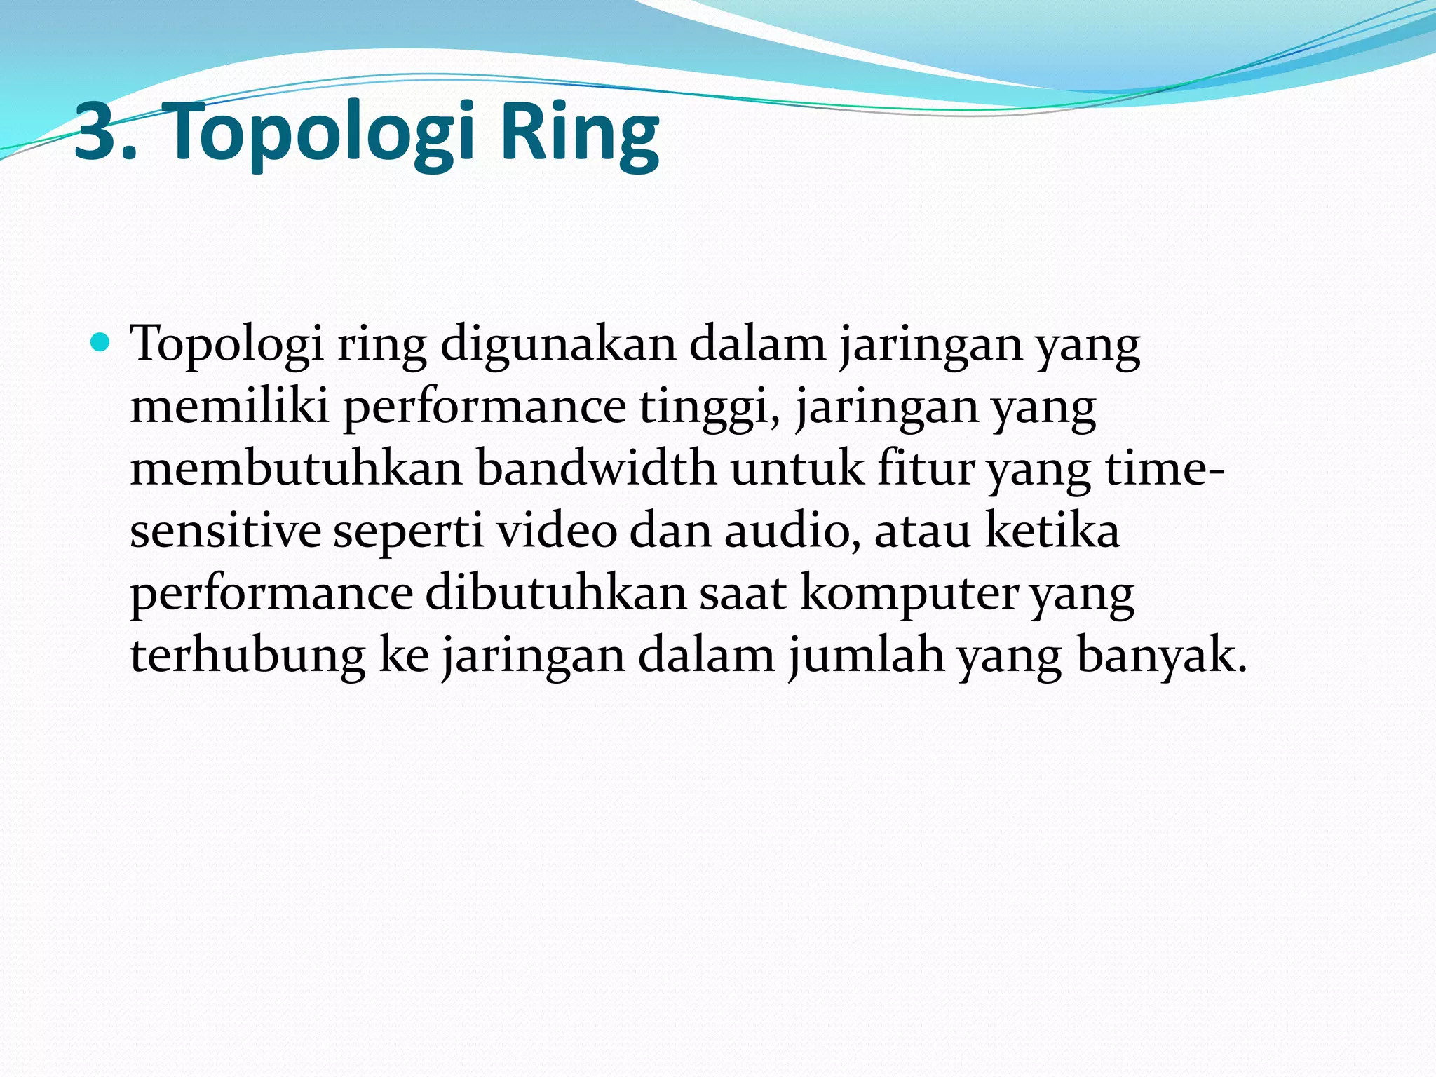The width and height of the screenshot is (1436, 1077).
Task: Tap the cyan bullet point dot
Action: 101,343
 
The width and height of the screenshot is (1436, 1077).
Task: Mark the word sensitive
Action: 225,531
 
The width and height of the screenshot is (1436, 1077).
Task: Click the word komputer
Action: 908,595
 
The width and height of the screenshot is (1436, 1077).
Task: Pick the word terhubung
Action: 248,656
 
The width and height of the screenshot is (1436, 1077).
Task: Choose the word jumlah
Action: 865,656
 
